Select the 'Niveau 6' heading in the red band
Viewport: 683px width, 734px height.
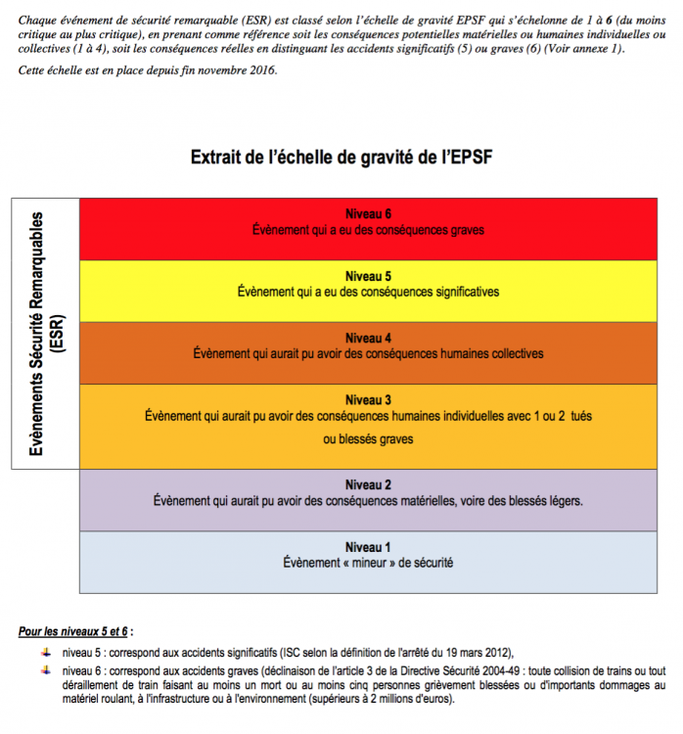click(x=368, y=214)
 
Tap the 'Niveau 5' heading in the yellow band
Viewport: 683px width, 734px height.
click(x=368, y=276)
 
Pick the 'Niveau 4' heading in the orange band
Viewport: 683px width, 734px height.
click(x=368, y=338)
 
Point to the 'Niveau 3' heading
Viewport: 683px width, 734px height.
click(x=368, y=399)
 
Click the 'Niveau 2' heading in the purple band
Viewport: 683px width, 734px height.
click(x=368, y=484)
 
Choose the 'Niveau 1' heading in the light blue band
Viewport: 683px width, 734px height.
click(x=368, y=546)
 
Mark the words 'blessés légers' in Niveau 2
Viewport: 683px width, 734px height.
click(x=544, y=500)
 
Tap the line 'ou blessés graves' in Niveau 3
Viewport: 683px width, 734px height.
click(x=368, y=439)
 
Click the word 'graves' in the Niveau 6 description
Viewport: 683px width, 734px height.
click(x=466, y=230)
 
